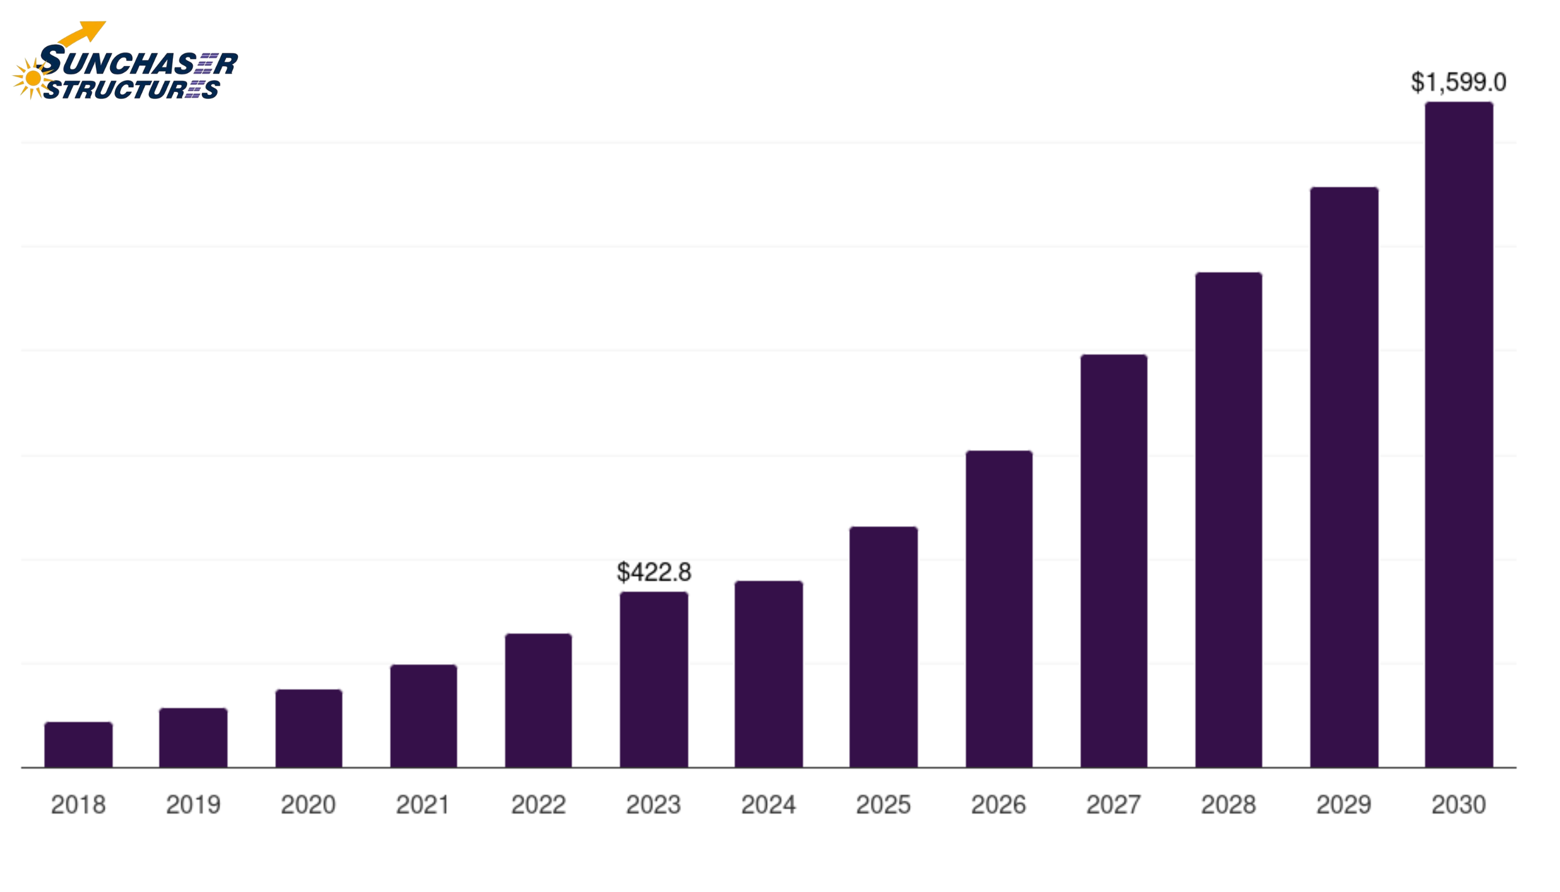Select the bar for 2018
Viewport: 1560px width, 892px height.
pos(78,745)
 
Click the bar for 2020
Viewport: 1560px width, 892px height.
pos(309,728)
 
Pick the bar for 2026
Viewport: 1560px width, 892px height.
pos(999,609)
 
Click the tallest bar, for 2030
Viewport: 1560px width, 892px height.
pos(1459,434)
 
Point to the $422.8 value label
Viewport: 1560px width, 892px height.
pos(653,572)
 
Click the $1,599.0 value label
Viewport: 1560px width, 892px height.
pos(1458,82)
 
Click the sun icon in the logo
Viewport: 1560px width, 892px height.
pos(33,78)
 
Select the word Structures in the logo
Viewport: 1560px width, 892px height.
pos(132,90)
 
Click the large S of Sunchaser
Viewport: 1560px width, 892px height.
pos(52,60)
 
